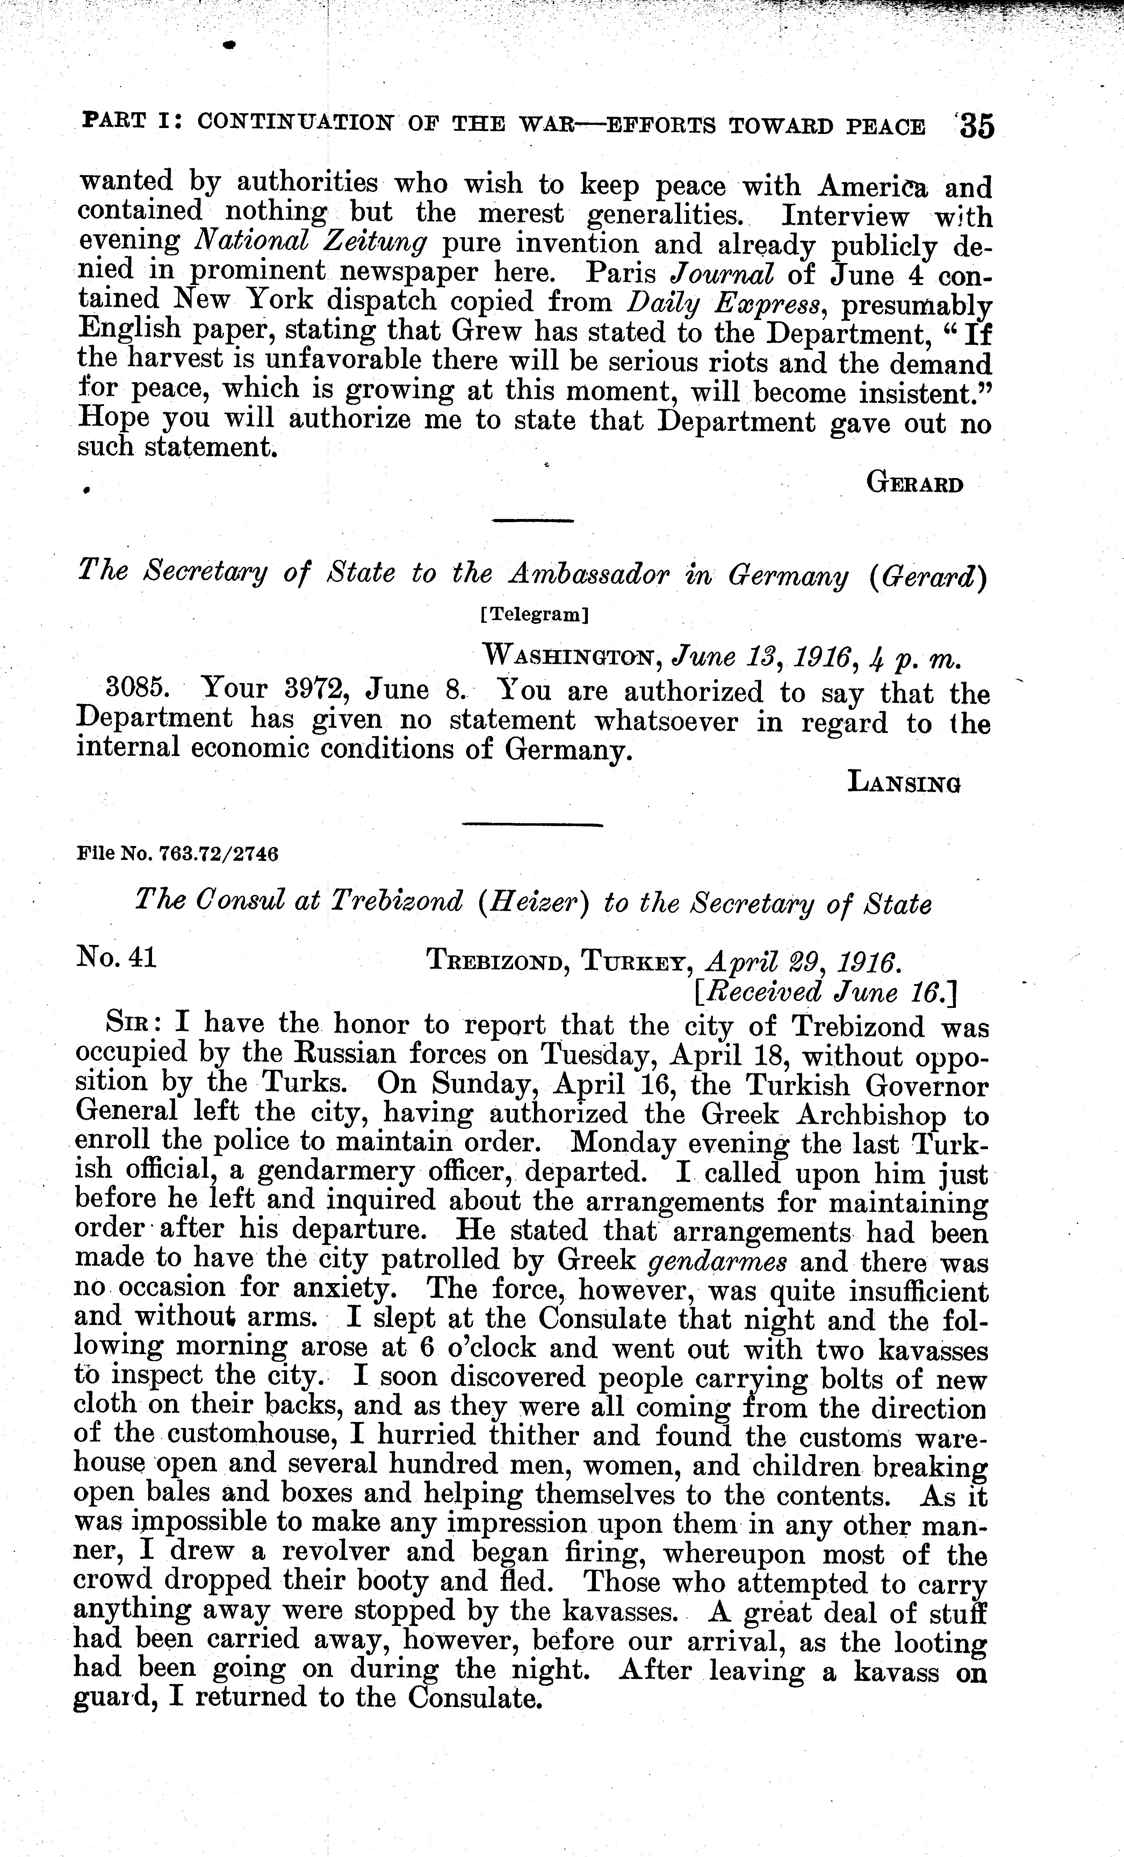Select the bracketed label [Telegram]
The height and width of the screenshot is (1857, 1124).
pyautogui.click(x=534, y=614)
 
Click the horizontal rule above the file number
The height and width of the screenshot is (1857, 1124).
pyautogui.click(x=532, y=825)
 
